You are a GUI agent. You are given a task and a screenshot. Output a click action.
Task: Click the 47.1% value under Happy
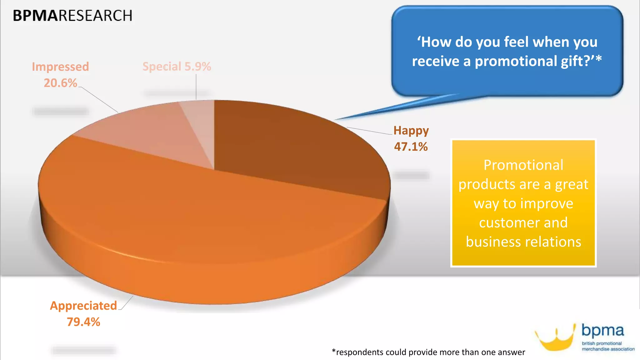pyautogui.click(x=411, y=147)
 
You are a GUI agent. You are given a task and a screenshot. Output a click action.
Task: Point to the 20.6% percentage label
pyautogui.click(x=60, y=83)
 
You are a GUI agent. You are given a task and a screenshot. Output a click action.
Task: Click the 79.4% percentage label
pyautogui.click(x=83, y=322)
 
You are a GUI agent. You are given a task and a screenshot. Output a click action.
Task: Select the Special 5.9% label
pyautogui.click(x=177, y=67)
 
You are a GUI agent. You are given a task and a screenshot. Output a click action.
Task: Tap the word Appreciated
pyautogui.click(x=83, y=306)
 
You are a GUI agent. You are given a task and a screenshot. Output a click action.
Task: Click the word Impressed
pyautogui.click(x=60, y=67)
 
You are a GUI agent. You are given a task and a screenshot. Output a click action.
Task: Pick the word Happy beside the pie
pyautogui.click(x=411, y=130)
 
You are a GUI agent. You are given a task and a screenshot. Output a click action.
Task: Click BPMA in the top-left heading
pyautogui.click(x=35, y=16)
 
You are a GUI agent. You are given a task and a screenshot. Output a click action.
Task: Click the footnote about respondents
pyautogui.click(x=428, y=352)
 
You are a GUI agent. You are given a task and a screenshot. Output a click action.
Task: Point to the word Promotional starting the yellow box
pyautogui.click(x=523, y=165)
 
